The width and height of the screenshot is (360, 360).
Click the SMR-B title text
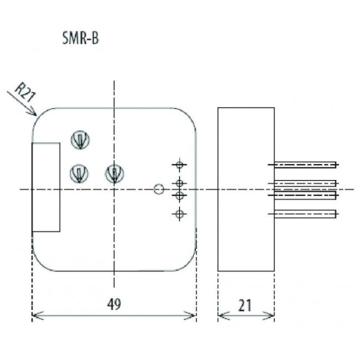(x=80, y=40)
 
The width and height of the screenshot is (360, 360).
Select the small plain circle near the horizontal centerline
(x=158, y=189)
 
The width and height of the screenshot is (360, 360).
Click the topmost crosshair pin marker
(x=179, y=164)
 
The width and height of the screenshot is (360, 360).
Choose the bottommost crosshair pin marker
(x=179, y=214)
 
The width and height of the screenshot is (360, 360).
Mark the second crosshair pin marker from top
(x=179, y=183)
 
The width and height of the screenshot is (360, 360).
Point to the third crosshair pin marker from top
(x=179, y=196)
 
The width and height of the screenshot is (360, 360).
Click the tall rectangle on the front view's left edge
(x=46, y=187)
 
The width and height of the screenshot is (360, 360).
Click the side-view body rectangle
(x=246, y=189)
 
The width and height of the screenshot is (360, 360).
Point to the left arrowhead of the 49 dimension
(x=35, y=316)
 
